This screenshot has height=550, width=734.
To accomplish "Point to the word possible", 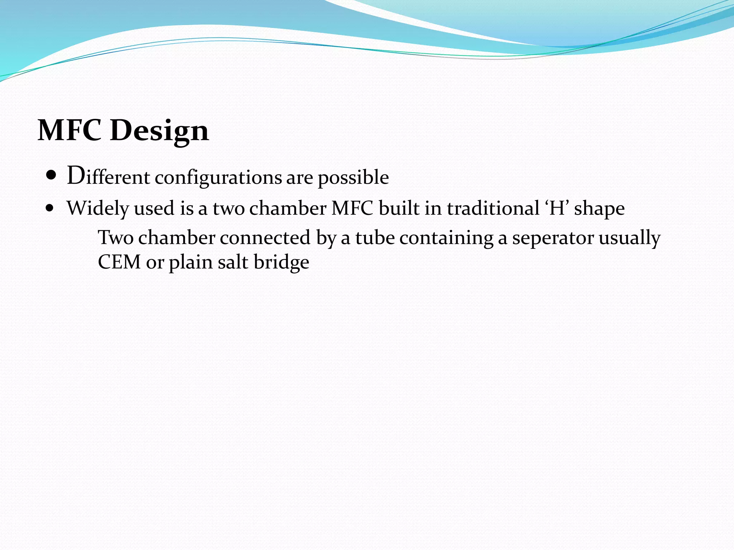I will (x=353, y=177).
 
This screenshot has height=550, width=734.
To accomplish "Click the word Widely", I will (x=97, y=208).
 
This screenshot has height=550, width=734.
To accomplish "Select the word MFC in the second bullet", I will (x=352, y=208).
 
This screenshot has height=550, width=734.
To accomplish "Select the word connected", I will (x=265, y=237).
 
